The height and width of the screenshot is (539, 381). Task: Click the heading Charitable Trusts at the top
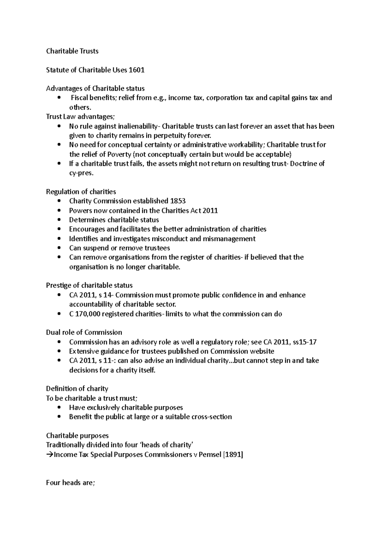click(72, 51)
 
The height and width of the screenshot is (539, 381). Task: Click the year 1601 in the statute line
click(137, 70)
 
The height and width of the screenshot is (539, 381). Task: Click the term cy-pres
click(81, 173)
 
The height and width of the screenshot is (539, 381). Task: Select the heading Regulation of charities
click(81, 192)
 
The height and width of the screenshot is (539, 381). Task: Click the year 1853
click(178, 201)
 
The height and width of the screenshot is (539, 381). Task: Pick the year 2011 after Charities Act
click(210, 210)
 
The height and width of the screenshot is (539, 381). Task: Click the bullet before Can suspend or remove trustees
click(59, 248)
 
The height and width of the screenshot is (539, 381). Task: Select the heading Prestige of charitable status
click(89, 285)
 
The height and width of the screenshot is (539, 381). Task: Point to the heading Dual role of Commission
click(84, 332)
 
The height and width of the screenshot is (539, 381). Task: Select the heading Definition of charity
click(77, 389)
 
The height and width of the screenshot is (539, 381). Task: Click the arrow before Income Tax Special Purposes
click(50, 455)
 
